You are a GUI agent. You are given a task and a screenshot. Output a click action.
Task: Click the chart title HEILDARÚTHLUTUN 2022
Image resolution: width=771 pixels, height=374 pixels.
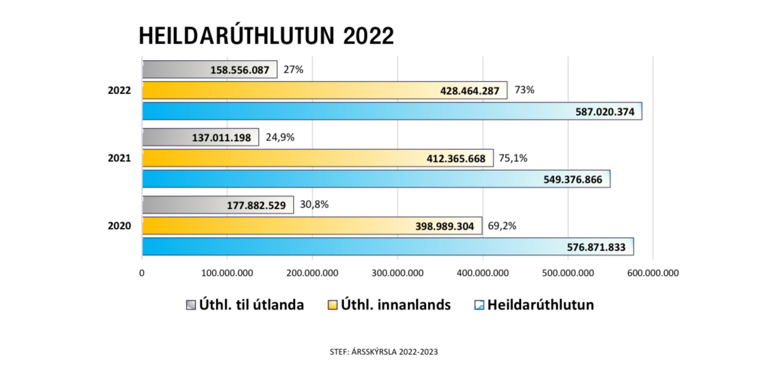coord(266,36)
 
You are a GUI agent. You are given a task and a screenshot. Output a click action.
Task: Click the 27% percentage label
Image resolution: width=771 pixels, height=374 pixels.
coord(293,70)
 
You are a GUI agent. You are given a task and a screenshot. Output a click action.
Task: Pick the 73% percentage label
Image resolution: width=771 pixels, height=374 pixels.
coord(524,90)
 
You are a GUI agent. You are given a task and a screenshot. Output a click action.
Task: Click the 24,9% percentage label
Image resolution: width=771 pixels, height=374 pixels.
coord(280,137)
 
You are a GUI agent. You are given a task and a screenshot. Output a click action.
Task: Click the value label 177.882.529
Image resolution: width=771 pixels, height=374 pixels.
coord(256,205)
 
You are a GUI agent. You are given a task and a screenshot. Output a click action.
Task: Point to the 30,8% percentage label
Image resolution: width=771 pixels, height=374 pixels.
coord(315,204)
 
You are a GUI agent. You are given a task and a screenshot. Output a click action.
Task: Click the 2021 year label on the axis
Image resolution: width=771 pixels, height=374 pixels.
coord(119,158)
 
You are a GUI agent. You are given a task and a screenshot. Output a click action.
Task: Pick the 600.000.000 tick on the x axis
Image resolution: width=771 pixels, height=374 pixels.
coord(653,273)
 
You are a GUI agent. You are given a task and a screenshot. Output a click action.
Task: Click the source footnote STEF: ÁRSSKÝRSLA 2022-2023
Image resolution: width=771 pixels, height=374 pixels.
coord(384,352)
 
